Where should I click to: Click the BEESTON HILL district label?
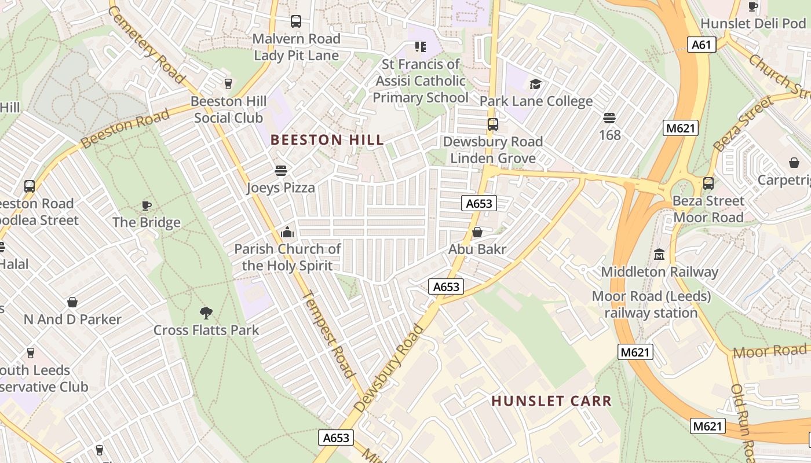[x=327, y=139]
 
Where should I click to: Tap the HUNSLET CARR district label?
[x=551, y=401]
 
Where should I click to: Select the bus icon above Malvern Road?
[x=296, y=21]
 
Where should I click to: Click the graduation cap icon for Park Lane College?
[x=535, y=84]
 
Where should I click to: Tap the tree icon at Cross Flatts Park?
[x=206, y=313]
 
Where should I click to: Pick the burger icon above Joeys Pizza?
[x=281, y=171]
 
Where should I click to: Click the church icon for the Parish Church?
[x=287, y=233]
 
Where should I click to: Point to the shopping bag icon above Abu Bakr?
[x=477, y=233]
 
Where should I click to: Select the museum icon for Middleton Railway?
[x=659, y=254]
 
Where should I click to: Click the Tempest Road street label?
[x=328, y=334]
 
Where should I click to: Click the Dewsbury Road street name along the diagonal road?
[x=389, y=369]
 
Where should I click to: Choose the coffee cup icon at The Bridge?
[x=147, y=205]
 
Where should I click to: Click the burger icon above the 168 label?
[x=609, y=118]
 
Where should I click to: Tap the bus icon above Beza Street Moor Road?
[x=708, y=183]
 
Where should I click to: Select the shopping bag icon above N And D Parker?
[x=72, y=302]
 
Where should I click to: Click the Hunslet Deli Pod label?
[x=753, y=24]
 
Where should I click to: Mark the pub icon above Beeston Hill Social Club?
[x=228, y=84]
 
